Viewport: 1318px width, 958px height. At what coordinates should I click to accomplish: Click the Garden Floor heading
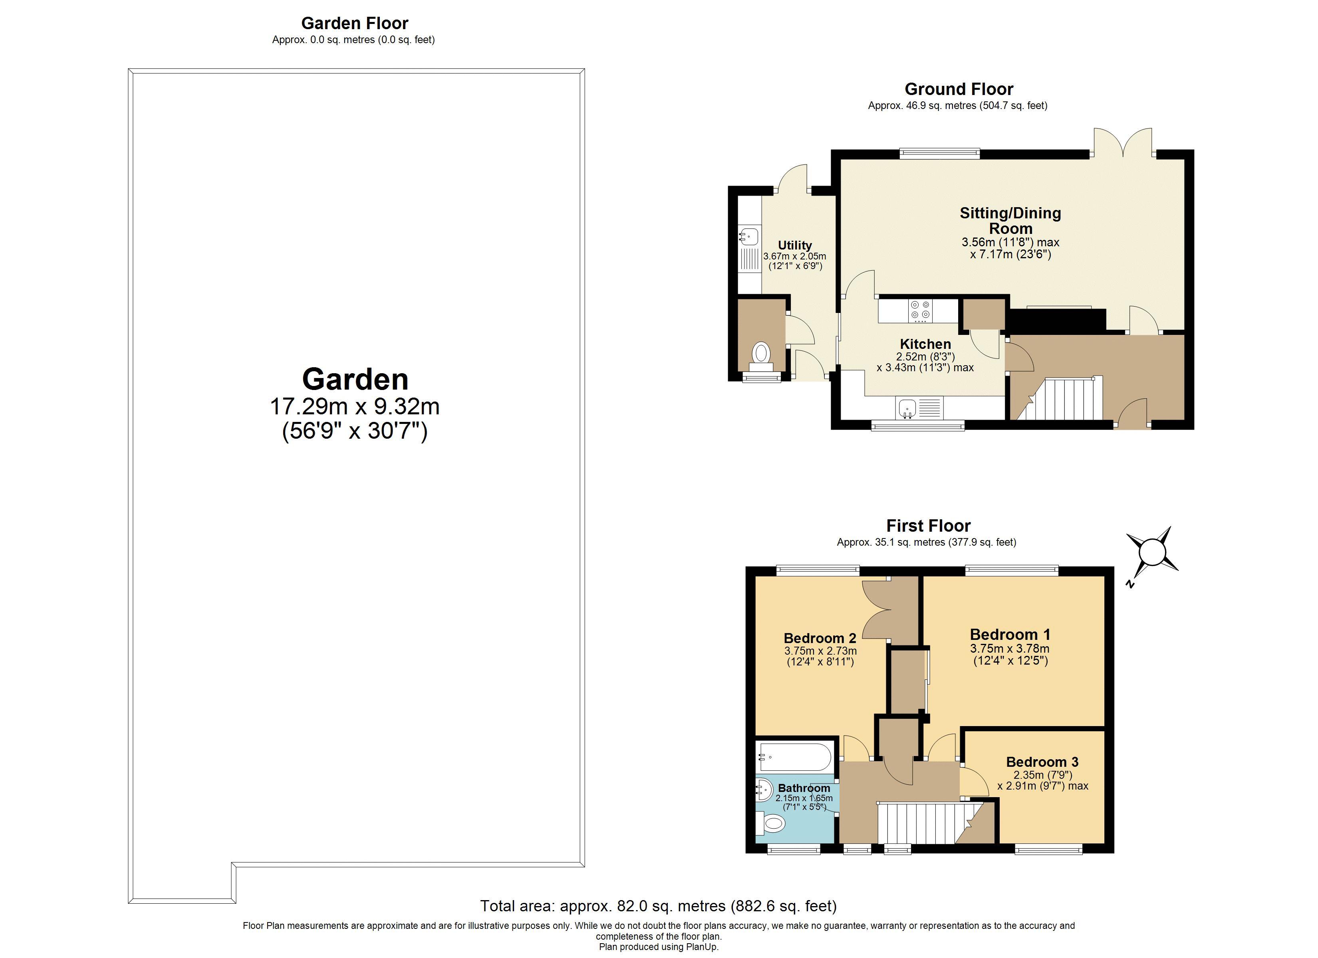pos(355,23)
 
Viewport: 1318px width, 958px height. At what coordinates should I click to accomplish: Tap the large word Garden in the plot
pos(355,379)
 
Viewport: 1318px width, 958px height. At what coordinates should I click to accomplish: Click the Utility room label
pos(794,245)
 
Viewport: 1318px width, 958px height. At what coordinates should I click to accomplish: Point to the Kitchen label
pos(925,344)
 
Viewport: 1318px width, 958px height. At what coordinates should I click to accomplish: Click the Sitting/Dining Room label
pos(1010,220)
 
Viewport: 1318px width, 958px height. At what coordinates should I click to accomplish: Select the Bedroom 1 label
pos(1010,634)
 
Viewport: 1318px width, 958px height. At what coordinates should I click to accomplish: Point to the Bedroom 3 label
pos(1042,762)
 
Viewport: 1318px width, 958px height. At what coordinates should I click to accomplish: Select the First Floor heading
pos(928,526)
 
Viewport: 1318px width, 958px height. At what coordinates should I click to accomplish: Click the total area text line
pos(658,906)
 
